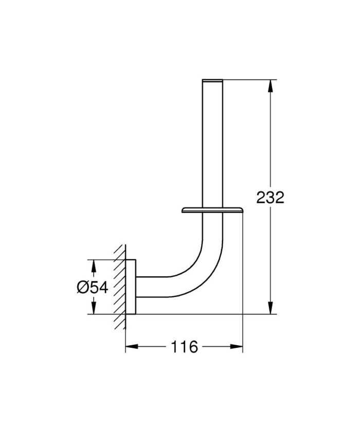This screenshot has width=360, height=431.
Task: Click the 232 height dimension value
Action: tap(270, 197)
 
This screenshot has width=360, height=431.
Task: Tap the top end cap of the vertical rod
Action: tap(213, 81)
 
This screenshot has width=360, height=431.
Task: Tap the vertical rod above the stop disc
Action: tap(213, 144)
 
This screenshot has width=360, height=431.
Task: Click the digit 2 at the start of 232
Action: tap(261, 197)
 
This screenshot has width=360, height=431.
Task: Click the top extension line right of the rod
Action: tap(247, 80)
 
